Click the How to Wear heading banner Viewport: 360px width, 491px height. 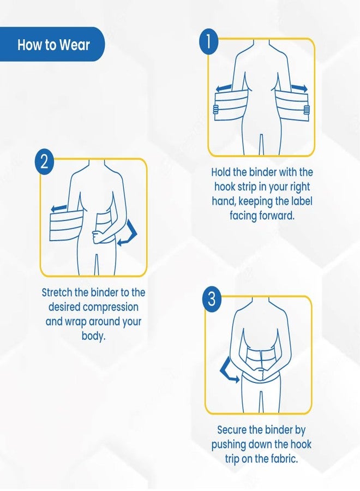point(52,44)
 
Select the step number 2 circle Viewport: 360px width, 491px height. point(44,162)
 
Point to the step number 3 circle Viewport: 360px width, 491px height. point(212,299)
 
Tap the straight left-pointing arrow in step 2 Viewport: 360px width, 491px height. point(59,208)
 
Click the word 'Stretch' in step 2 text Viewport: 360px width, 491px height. point(58,292)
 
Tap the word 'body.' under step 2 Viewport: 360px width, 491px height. point(93,336)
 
